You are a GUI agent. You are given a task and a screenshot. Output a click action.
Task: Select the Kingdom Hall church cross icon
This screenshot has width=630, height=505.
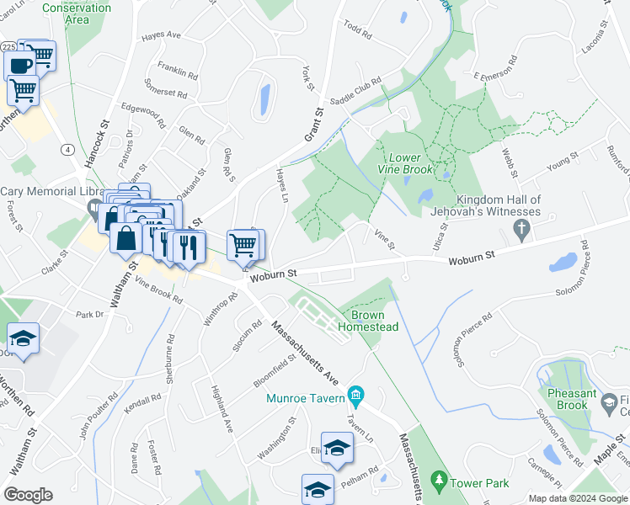pyautogui.click(x=522, y=228)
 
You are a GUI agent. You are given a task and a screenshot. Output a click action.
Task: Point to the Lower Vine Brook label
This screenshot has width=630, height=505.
pyautogui.click(x=411, y=163)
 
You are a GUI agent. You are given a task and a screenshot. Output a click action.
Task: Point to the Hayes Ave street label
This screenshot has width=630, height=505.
pyautogui.click(x=162, y=35)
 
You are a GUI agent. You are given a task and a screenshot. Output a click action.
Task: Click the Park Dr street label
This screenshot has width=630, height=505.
pyautogui.click(x=88, y=315)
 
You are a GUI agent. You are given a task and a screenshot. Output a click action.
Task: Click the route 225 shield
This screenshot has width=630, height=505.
pyautogui.click(x=8, y=47)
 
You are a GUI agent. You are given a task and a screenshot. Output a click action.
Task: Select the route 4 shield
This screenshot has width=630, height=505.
pyautogui.click(x=67, y=149)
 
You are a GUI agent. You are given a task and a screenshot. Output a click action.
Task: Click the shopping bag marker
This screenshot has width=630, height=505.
pyautogui.click(x=125, y=237)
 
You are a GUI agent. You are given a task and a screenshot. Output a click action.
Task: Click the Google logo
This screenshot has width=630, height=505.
pyautogui.click(x=28, y=495)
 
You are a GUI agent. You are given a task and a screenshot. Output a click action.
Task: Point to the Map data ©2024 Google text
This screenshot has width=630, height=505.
pyautogui.click(x=577, y=498)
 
